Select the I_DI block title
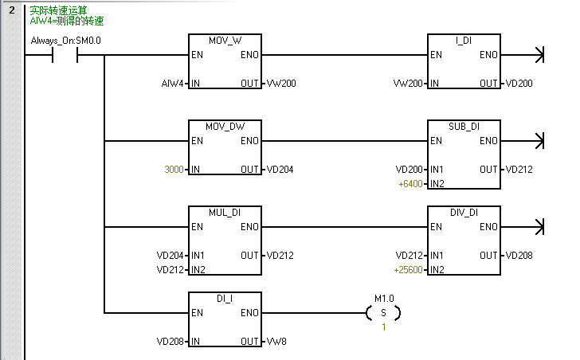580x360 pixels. [464, 41]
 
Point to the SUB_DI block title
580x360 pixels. [464, 127]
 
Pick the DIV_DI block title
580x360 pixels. [464, 213]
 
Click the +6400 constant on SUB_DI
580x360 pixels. [411, 184]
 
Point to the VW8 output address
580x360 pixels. [277, 342]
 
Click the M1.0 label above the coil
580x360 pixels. [384, 299]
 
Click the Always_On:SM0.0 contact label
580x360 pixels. [65, 41]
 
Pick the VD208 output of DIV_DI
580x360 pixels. [519, 256]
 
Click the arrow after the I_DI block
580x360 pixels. [542, 56]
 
